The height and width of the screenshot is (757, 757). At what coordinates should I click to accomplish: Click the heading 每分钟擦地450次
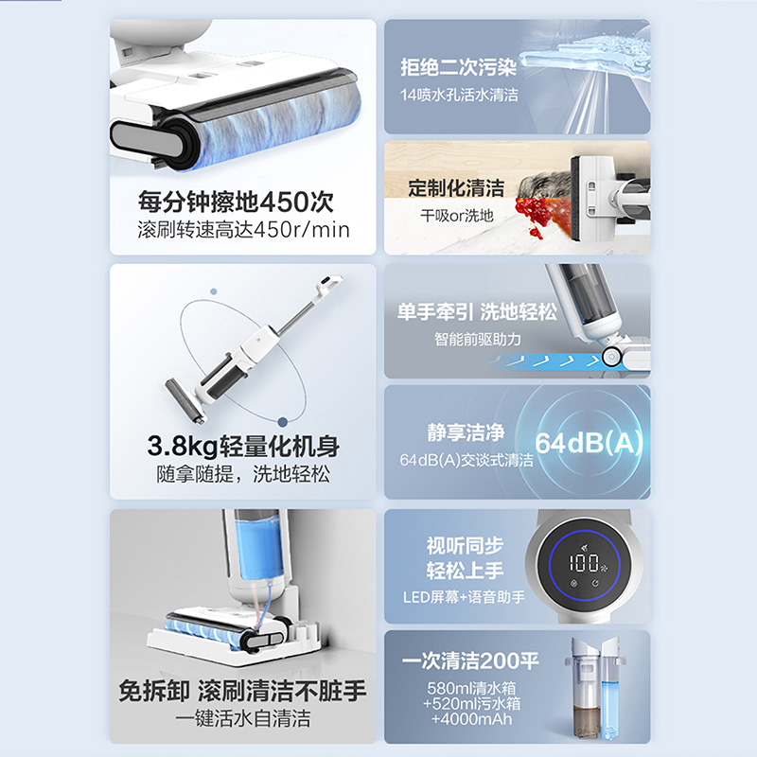236,202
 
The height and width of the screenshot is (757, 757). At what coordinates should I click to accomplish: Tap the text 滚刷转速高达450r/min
243,230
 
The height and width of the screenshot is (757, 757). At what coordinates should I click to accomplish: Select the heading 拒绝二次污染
459,67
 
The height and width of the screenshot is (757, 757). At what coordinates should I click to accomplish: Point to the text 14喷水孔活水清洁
459,95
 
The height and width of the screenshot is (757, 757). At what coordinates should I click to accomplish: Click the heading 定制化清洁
456,187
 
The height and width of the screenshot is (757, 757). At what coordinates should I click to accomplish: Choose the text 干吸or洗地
457,216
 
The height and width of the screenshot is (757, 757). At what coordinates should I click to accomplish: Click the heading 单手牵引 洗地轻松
477,312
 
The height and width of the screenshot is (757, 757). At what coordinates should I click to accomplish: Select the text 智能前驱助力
477,339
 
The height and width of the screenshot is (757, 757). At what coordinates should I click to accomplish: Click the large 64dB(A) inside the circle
589,442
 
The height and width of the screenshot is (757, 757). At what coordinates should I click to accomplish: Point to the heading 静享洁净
466,432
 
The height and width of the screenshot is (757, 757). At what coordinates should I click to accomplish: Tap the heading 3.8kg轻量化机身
243,446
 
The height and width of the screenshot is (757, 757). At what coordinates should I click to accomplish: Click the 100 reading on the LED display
584,563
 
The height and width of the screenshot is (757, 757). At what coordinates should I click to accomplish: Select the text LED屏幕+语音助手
464,597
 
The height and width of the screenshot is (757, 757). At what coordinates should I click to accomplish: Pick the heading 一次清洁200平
469,660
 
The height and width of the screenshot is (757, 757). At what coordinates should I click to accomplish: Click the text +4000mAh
471,719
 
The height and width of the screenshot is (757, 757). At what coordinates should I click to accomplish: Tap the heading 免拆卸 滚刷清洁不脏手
242,691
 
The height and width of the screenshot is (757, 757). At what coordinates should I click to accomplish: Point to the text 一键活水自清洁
243,718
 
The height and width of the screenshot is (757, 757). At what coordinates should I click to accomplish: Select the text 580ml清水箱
471,688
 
